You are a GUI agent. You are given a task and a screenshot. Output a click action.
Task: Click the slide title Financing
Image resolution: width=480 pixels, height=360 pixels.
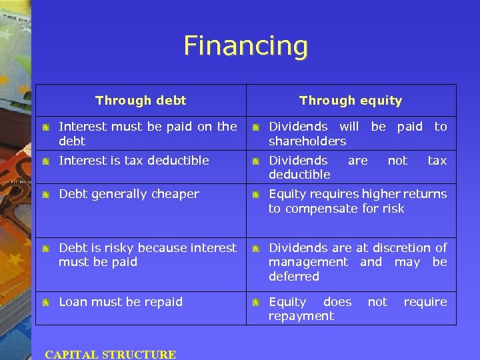point(245,46)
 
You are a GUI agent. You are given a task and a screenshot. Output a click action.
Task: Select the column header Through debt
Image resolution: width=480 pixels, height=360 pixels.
point(141,101)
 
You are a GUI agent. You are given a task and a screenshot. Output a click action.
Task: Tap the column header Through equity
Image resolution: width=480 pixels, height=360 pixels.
point(351,101)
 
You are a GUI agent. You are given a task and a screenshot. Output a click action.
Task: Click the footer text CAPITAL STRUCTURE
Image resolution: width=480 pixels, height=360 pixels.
point(110,355)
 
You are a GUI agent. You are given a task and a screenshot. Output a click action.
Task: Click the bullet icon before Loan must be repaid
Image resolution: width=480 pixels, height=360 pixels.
point(45,303)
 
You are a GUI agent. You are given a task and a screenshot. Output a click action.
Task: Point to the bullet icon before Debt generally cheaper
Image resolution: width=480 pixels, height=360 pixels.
point(45,195)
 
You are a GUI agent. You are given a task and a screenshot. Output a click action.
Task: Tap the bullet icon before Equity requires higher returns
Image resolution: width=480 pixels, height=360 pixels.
point(255,195)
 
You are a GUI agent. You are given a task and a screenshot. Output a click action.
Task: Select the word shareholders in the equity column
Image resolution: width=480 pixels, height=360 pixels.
point(307,141)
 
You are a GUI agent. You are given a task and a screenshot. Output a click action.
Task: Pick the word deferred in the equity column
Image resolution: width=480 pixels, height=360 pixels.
point(294,276)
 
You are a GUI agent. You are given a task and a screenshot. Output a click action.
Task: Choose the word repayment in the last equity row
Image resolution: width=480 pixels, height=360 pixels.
point(301,316)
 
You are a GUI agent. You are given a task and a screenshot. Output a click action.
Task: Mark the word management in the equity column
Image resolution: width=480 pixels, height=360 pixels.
point(308,262)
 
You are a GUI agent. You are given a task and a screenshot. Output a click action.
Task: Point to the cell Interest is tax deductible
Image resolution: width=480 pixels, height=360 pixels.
point(134,161)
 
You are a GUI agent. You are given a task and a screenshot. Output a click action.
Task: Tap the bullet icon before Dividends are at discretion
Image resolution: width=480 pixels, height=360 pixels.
point(255,249)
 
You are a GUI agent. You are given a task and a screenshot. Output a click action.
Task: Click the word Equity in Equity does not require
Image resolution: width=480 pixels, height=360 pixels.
point(287,302)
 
